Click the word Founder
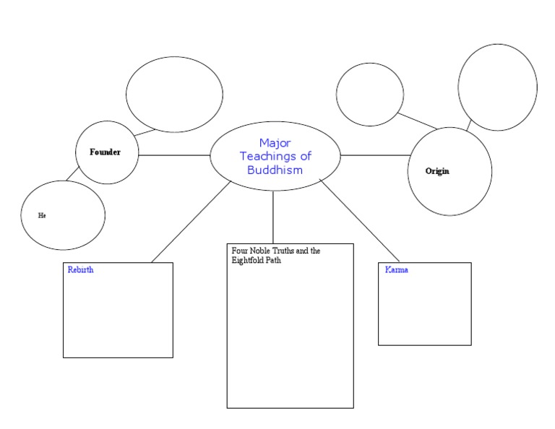[105, 152]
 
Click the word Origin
[437, 171]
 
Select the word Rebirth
[80, 270]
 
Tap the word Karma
[397, 269]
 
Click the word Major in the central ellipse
[275, 143]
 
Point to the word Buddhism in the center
[275, 170]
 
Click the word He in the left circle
[42, 215]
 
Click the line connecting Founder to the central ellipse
[173, 155]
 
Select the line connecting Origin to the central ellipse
[374, 155]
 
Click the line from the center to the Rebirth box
[192, 221]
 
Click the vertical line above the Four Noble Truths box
[273, 217]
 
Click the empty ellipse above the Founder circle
[174, 94]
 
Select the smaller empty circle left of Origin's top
[369, 94]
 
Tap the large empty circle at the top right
[497, 87]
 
